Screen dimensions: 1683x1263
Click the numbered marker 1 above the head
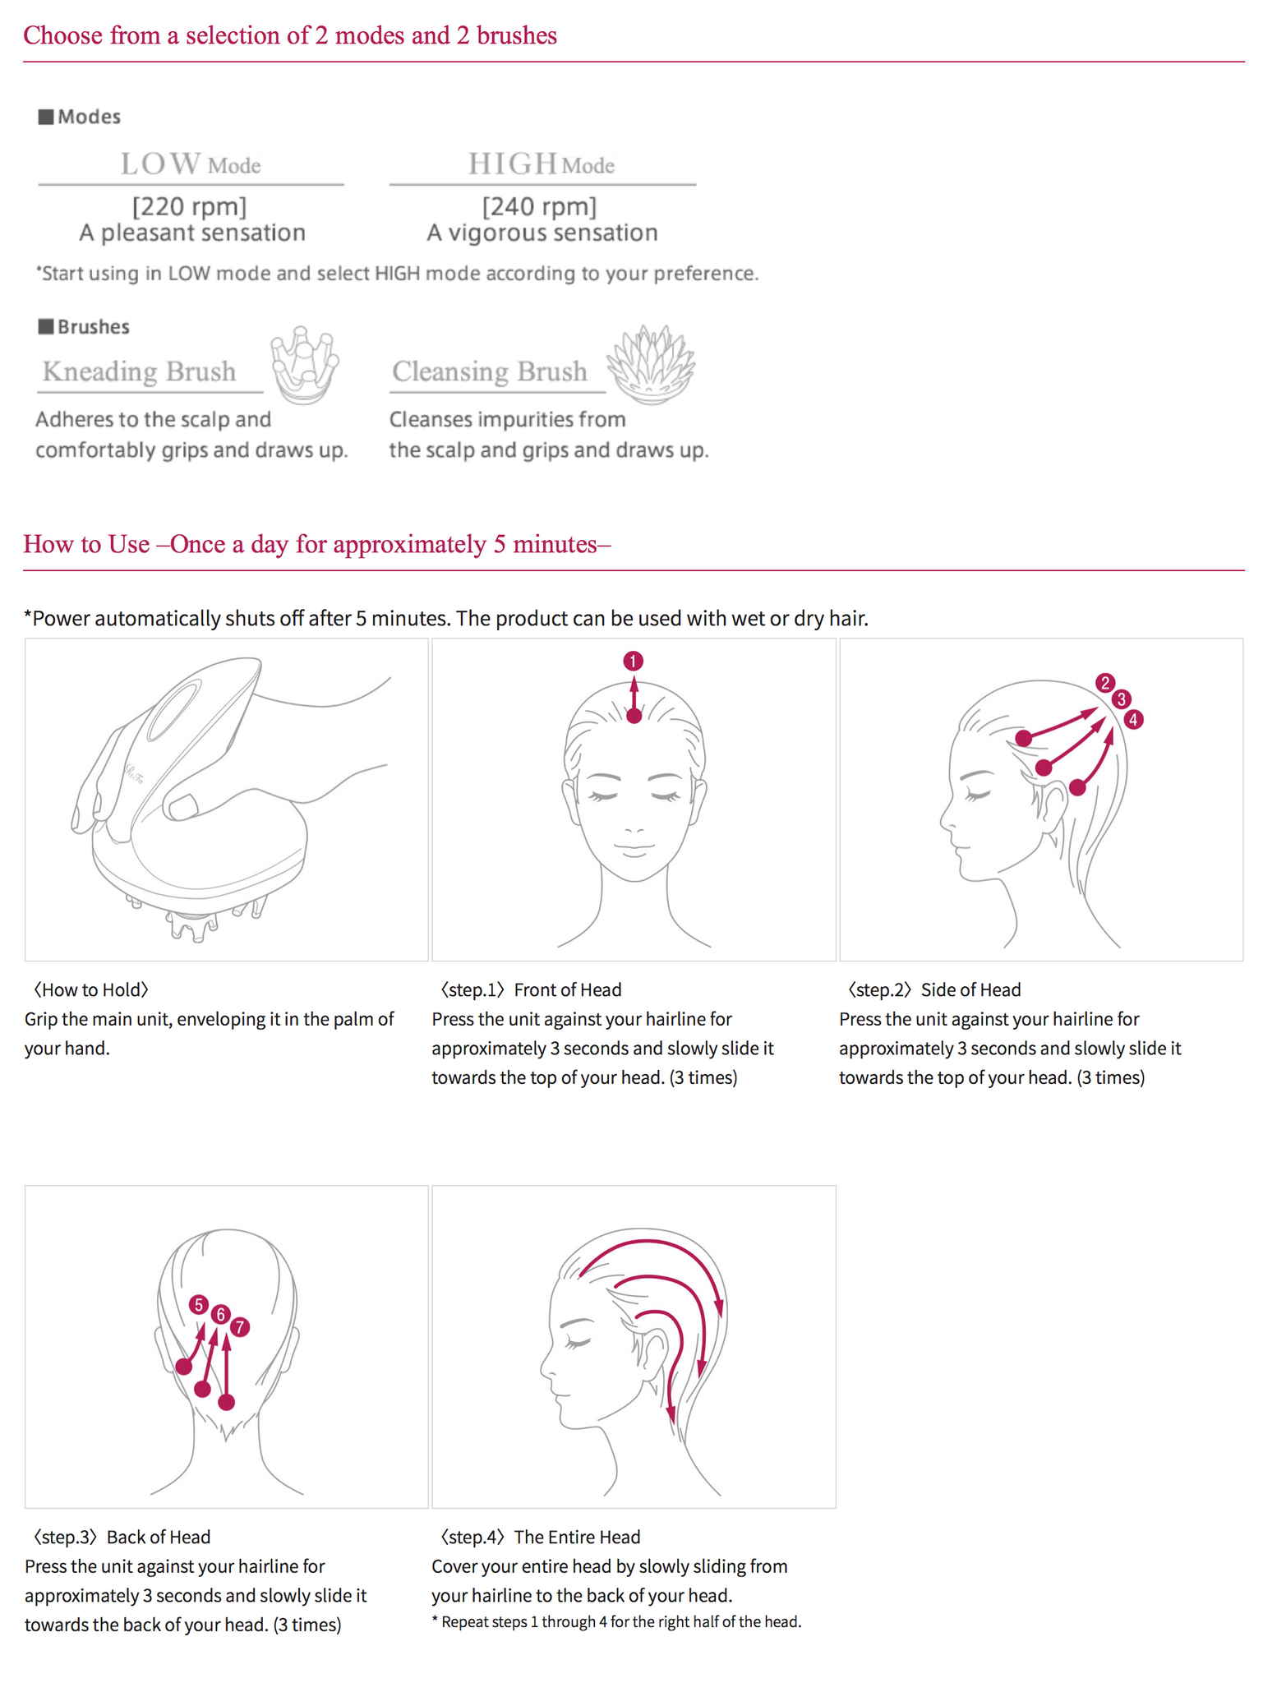coord(633,661)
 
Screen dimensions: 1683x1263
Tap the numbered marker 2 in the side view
coord(1104,683)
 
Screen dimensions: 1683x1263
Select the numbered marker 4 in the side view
coord(1133,720)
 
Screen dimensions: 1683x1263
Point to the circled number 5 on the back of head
coord(198,1304)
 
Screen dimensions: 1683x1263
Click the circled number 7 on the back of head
coord(239,1326)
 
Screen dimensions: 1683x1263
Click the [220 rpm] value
coord(189,205)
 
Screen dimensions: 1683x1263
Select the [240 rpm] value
coord(539,205)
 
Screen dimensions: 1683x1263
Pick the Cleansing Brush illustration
coord(651,365)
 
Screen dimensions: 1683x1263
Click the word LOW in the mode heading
coord(161,164)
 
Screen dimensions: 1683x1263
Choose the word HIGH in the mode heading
coord(513,164)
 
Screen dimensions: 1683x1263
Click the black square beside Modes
coord(46,117)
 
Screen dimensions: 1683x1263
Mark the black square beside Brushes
coord(46,326)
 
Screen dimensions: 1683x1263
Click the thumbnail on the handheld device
coord(182,806)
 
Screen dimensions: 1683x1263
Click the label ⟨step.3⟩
coord(65,1537)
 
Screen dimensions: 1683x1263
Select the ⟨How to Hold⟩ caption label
coord(90,989)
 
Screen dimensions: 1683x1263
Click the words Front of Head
coord(567,989)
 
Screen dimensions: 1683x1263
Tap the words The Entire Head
coord(577,1537)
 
